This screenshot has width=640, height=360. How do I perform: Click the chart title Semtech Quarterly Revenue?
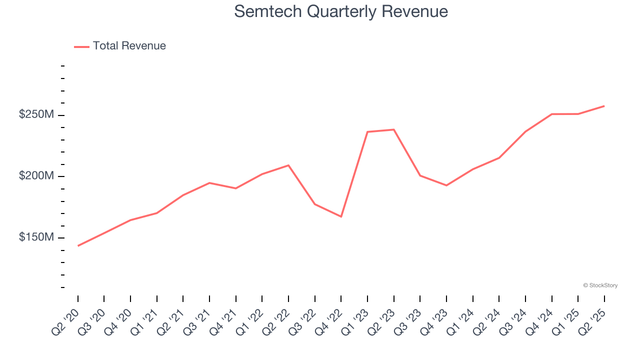pyautogui.click(x=340, y=11)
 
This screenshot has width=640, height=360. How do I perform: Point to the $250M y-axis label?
pyautogui.click(x=36, y=114)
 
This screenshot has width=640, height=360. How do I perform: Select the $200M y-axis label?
pyautogui.click(x=36, y=176)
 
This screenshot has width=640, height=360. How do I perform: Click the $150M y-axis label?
pyautogui.click(x=36, y=237)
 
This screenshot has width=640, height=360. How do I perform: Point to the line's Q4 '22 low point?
pyautogui.click(x=341, y=216)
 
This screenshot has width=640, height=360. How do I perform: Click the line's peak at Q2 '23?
pyautogui.click(x=394, y=129)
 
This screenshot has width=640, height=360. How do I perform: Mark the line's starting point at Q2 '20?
pyautogui.click(x=78, y=245)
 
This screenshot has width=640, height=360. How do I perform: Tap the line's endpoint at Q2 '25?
pyautogui.click(x=604, y=106)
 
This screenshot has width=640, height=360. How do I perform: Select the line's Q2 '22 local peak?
pyautogui.click(x=288, y=165)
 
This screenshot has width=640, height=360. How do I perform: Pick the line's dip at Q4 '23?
pyautogui.click(x=446, y=185)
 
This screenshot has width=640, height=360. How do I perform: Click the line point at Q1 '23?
pyautogui.click(x=367, y=132)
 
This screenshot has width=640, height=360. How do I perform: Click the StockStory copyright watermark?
pyautogui.click(x=600, y=285)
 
